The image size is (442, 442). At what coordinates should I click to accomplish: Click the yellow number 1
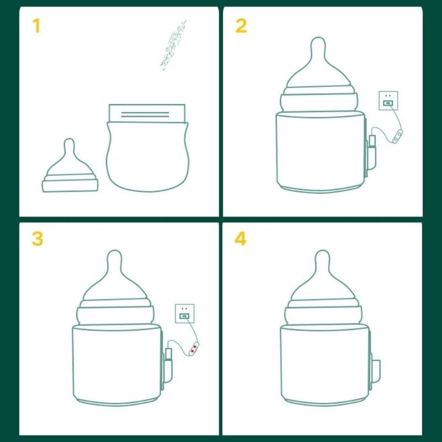click(36, 25)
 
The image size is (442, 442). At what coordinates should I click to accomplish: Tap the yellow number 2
click(241, 25)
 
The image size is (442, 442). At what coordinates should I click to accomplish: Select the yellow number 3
click(37, 239)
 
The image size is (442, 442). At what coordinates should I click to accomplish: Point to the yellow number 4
click(241, 239)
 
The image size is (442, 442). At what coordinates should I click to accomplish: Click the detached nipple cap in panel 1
click(70, 171)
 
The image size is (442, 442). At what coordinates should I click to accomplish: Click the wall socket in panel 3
click(185, 314)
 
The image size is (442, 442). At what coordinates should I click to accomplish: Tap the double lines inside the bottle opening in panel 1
click(145, 115)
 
